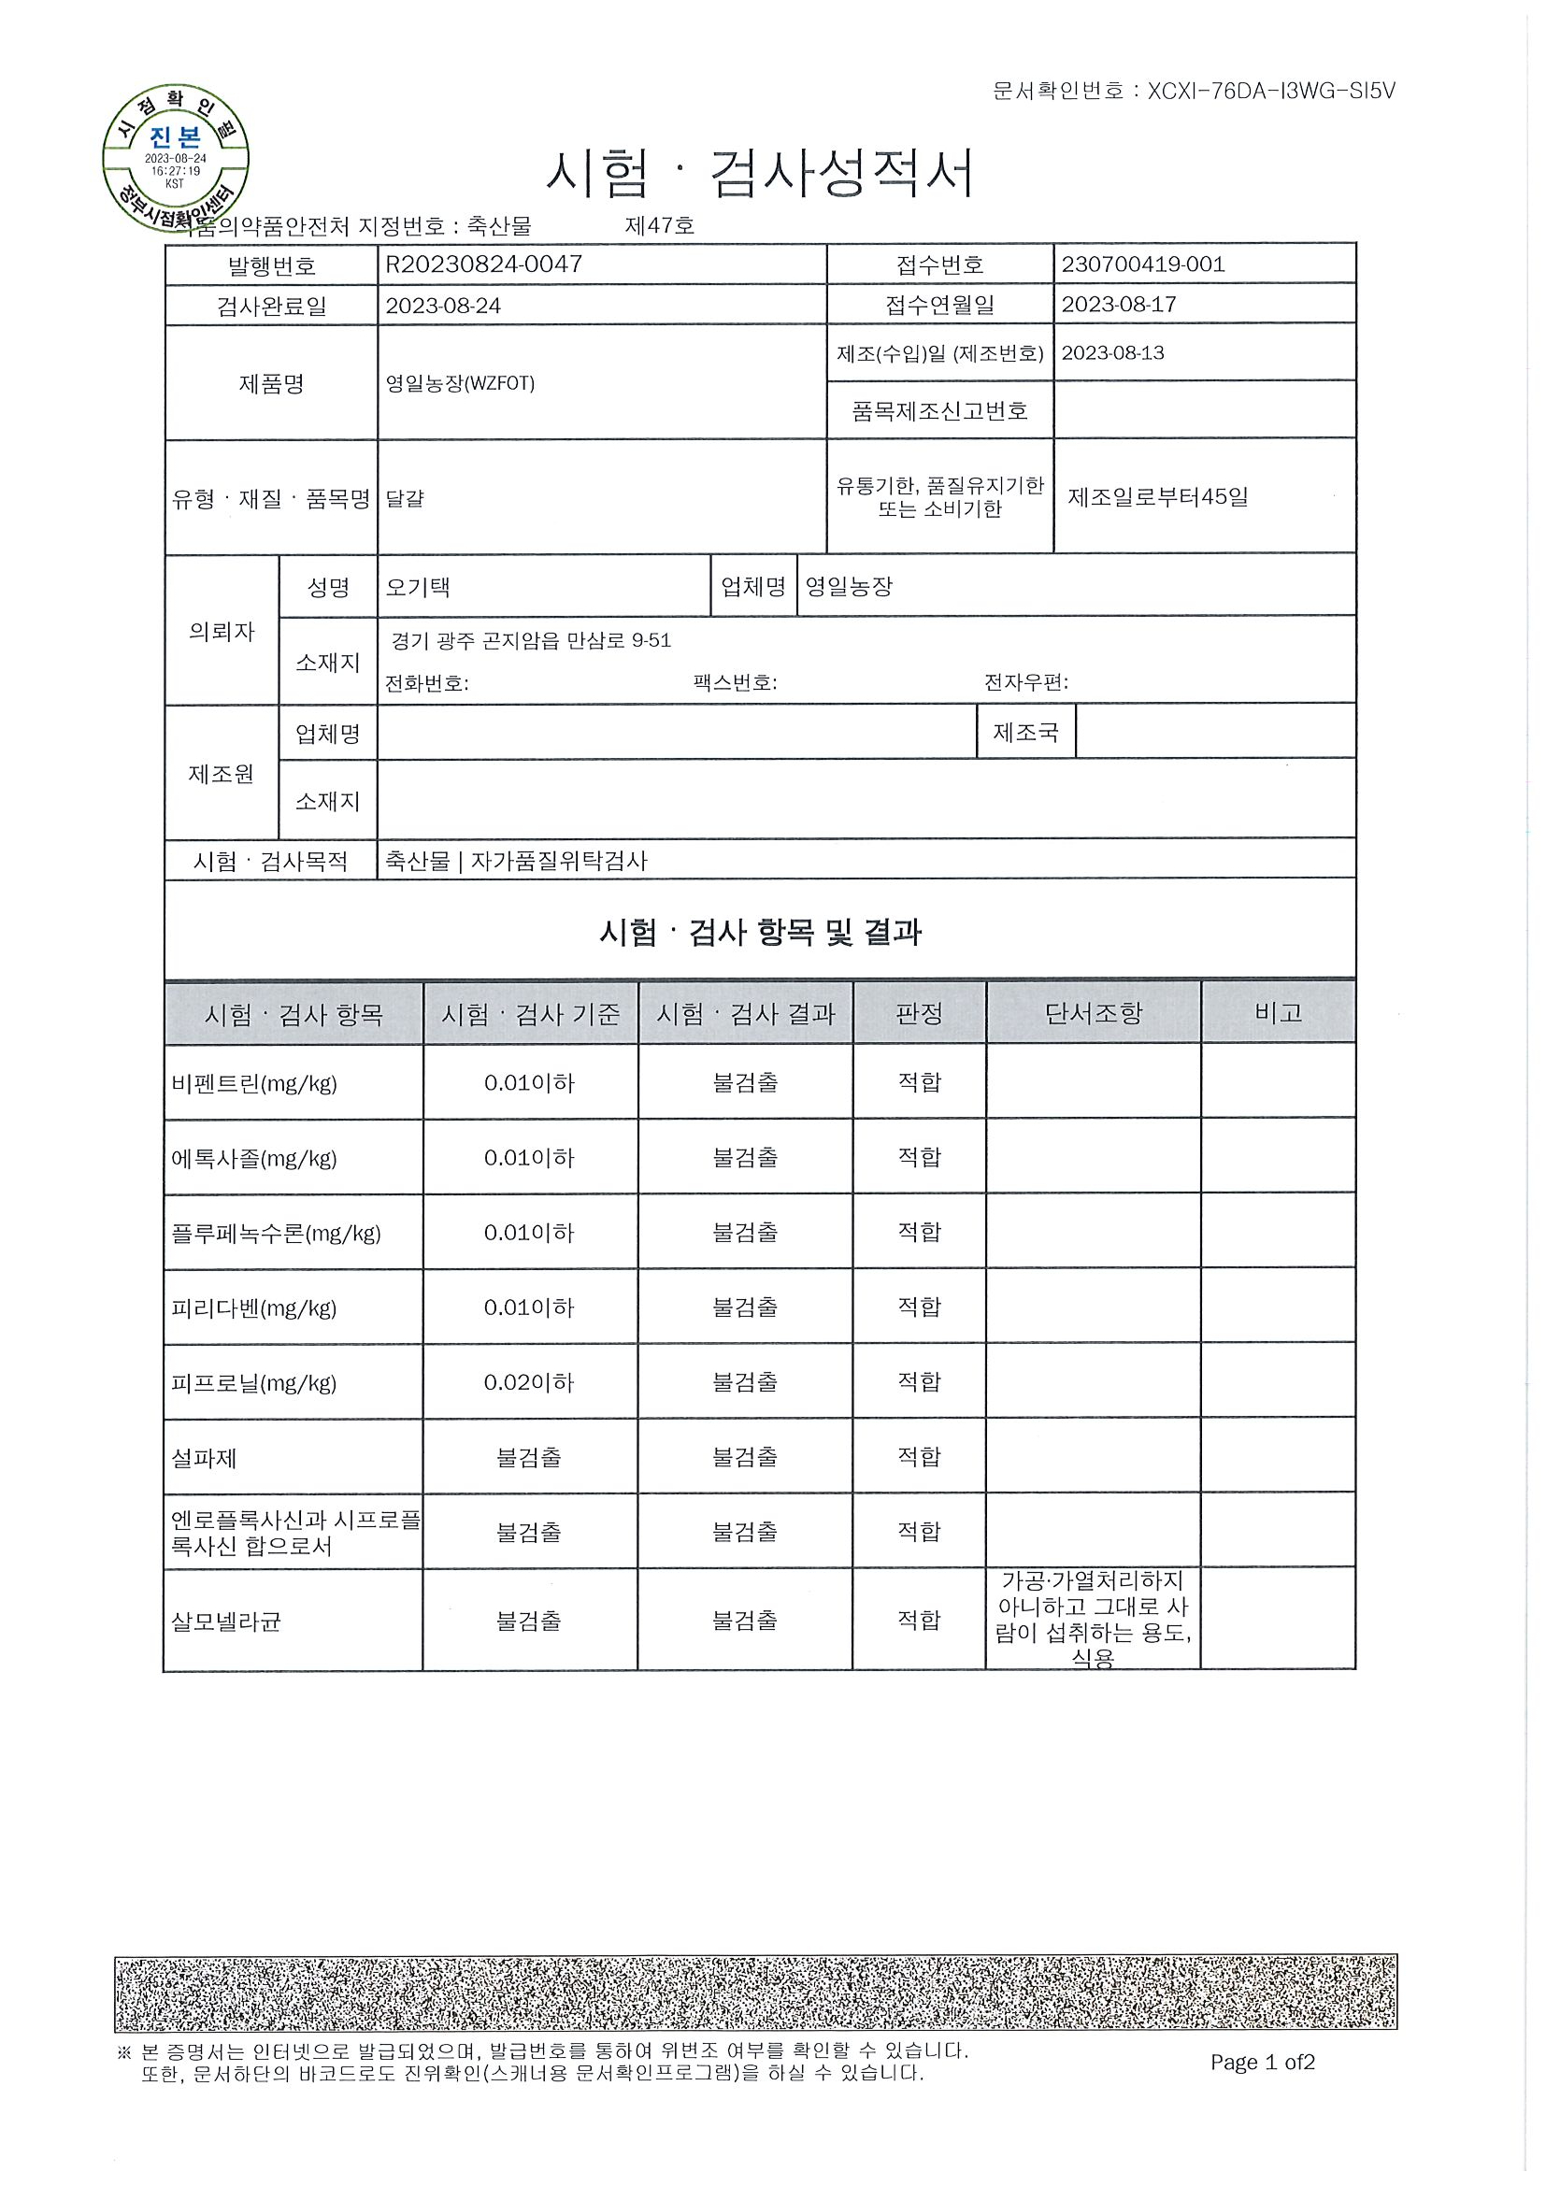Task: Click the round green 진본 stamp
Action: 175,157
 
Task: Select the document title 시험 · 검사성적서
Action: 760,175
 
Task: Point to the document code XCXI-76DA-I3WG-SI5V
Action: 1271,91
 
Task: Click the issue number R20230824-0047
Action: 483,264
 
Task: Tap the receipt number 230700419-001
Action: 1142,264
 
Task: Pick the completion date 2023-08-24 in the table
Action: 443,306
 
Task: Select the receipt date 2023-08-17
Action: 1119,305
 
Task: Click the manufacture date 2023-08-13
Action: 1112,353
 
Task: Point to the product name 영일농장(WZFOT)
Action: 460,383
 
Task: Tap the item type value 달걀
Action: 405,498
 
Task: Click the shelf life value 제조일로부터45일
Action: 1157,496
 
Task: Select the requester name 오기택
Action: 417,587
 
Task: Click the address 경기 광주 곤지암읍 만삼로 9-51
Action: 531,641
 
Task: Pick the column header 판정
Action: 919,1013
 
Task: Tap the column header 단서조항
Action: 1093,1013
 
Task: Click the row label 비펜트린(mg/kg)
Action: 254,1083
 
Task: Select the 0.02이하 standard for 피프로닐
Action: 528,1382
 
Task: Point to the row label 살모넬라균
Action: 225,1622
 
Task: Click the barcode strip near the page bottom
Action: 756,1993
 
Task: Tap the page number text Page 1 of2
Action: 1262,2063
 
